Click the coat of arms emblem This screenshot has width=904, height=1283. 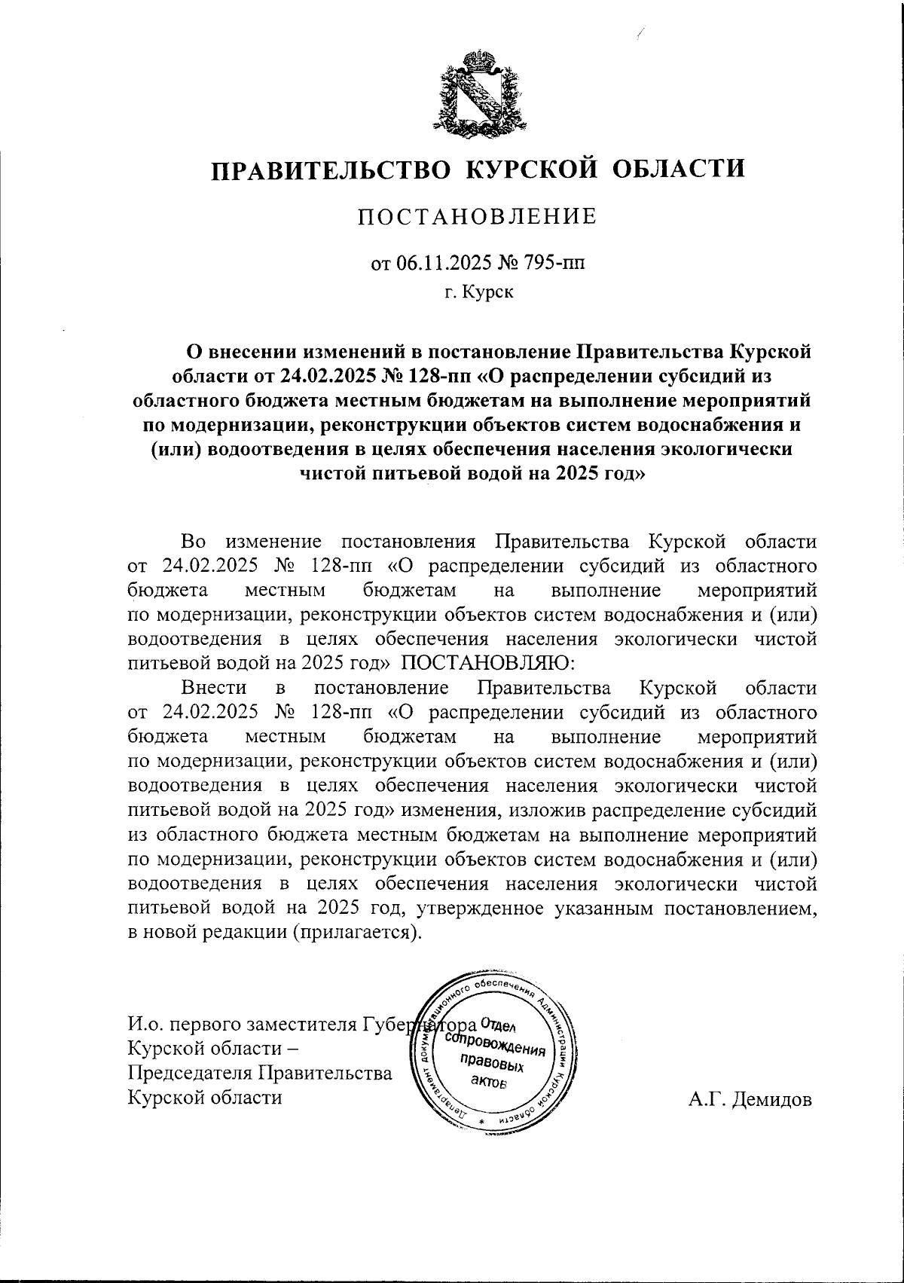click(x=478, y=92)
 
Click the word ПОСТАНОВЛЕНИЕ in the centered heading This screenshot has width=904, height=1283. click(x=477, y=218)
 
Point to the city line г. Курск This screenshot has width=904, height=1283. click(x=478, y=292)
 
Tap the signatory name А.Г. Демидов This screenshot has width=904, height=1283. click(x=750, y=1098)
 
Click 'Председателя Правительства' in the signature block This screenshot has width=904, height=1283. click(x=260, y=1073)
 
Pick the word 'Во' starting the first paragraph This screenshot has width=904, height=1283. click(x=193, y=542)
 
